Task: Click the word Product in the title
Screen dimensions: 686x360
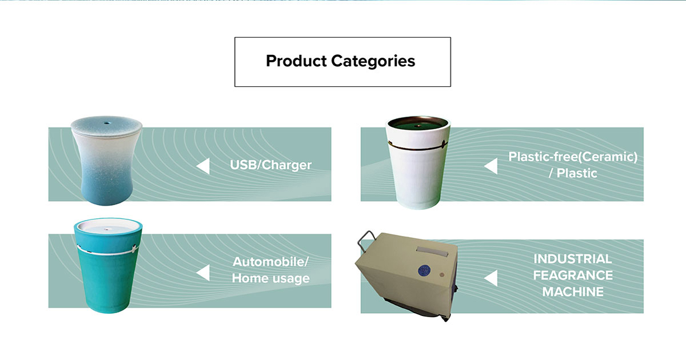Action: click(296, 61)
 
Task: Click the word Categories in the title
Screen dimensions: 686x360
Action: click(373, 61)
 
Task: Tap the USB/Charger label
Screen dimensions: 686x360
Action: click(271, 165)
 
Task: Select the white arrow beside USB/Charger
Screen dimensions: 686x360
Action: click(203, 166)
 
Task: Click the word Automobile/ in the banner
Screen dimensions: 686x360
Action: click(271, 262)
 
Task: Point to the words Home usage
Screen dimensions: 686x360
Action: click(271, 278)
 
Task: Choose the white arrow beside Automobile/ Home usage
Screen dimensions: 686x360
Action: click(203, 273)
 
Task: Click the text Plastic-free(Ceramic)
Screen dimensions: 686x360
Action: click(573, 157)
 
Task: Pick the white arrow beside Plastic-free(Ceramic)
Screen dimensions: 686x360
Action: click(490, 166)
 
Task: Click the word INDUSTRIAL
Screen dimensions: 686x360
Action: click(573, 259)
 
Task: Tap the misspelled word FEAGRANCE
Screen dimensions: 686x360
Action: click(573, 275)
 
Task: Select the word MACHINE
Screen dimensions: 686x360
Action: click(573, 292)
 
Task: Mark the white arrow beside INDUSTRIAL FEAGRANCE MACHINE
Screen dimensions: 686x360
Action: click(490, 278)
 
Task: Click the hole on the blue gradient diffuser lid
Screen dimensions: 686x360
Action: click(106, 123)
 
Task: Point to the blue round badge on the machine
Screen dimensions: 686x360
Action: click(424, 270)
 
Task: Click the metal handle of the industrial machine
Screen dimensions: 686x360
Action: click(366, 241)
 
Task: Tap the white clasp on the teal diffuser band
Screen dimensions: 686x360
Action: click(134, 249)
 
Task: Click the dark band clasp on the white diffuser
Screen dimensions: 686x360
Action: click(444, 145)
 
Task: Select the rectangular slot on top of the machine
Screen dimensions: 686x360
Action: click(432, 251)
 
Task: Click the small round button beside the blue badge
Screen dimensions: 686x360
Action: click(441, 275)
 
